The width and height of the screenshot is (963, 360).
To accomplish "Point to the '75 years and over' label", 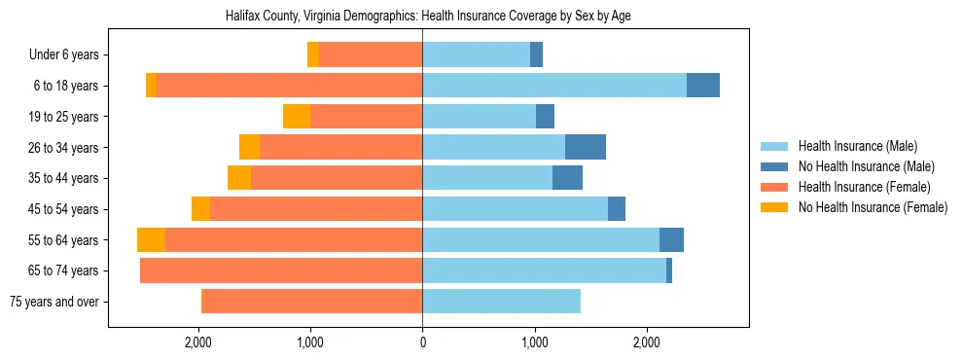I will [53, 302].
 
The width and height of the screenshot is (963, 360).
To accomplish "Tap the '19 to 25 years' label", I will [63, 117].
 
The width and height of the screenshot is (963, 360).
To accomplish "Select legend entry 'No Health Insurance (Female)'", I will [873, 207].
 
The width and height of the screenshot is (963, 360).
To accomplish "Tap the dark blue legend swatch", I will [775, 166].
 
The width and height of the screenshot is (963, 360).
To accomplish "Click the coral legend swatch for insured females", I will [775, 187].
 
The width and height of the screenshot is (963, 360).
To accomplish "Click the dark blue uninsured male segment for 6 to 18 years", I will [703, 86].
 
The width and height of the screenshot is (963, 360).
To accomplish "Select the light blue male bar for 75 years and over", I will [501, 302].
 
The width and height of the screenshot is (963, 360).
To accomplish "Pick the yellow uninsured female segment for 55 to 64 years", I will [151, 240].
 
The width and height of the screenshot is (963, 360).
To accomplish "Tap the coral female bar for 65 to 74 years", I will [281, 270].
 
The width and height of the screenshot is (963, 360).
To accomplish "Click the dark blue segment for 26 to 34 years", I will [586, 147].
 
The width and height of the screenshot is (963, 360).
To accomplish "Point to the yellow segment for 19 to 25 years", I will [297, 117].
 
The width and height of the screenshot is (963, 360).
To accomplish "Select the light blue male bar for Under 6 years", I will [476, 55].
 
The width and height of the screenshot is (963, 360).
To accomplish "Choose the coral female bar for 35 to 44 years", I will [337, 178].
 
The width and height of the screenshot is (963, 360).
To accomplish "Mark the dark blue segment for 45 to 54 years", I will [617, 209].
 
